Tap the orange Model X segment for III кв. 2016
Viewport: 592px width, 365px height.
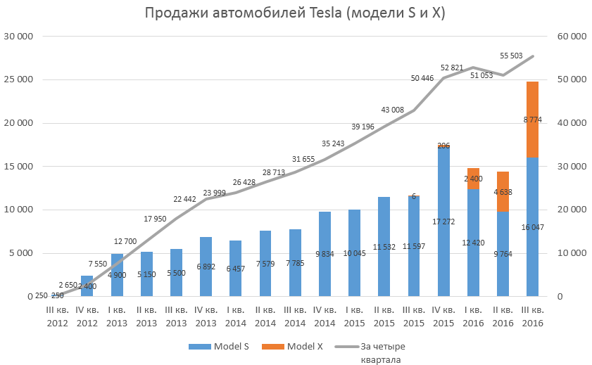(532, 120)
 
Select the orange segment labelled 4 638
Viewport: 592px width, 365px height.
(503, 192)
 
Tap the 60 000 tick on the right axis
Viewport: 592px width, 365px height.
(571, 36)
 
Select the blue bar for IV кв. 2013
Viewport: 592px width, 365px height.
(206, 267)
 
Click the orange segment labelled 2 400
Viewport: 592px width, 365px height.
(473, 179)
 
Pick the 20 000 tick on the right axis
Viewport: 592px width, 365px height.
(571, 210)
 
